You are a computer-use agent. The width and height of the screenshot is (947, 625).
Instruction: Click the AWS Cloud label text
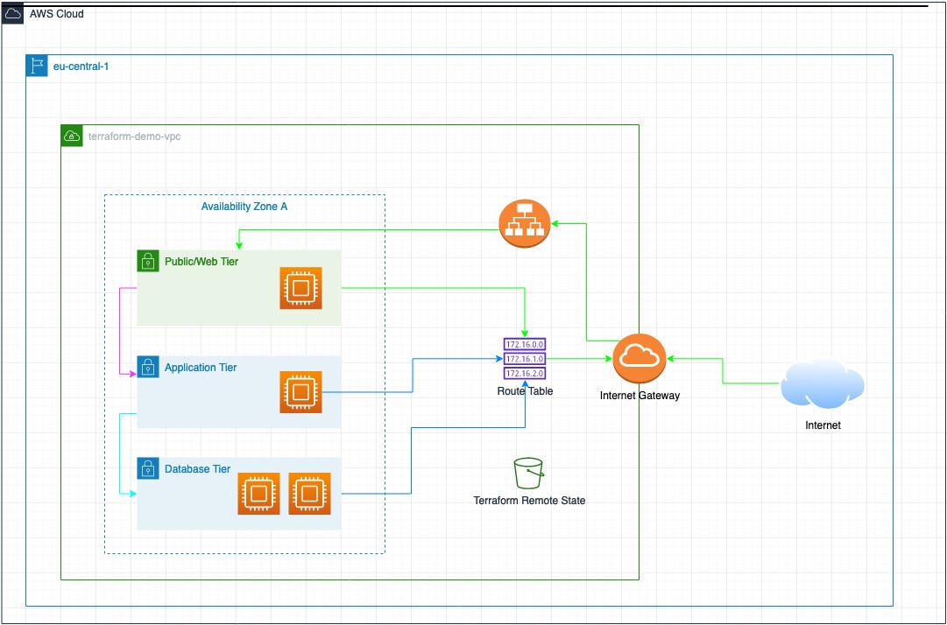(x=57, y=14)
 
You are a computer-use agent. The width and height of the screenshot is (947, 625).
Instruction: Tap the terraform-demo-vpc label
(x=134, y=137)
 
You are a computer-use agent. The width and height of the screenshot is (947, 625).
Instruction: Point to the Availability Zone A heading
(x=244, y=207)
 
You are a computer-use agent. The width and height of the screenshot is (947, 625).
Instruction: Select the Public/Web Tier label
(x=201, y=261)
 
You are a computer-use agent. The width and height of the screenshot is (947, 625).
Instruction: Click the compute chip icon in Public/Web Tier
(x=300, y=288)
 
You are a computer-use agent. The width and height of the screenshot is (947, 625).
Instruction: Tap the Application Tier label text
(x=201, y=368)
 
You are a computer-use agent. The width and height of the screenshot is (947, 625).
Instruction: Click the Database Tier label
(x=197, y=469)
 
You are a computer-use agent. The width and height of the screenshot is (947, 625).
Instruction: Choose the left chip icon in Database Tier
(x=258, y=494)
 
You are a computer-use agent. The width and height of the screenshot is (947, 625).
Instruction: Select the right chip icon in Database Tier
(x=309, y=494)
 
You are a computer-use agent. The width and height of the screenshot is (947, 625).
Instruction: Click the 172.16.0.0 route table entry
(x=525, y=345)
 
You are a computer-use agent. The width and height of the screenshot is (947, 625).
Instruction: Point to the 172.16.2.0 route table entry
(x=525, y=373)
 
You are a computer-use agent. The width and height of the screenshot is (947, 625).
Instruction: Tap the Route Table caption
(x=525, y=391)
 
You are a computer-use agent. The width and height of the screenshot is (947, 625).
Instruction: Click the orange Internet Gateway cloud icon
(x=640, y=358)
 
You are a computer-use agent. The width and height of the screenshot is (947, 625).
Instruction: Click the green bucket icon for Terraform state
(x=528, y=473)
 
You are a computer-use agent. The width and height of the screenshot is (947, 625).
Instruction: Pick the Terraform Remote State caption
(x=529, y=501)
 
